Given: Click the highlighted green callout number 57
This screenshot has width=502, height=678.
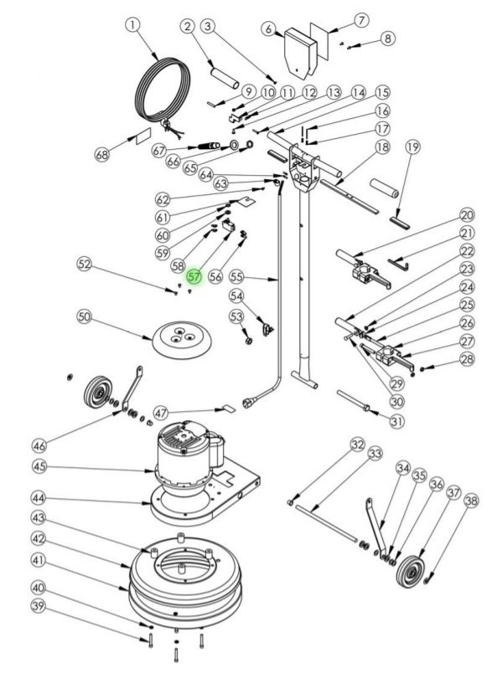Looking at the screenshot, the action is point(194,276).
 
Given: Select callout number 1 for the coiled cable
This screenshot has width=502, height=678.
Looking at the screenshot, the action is point(133,24).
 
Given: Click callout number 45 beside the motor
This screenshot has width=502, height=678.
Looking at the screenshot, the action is point(39,466).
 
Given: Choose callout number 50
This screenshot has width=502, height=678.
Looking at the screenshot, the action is point(85,316).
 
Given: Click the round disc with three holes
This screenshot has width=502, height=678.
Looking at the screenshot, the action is point(182,338).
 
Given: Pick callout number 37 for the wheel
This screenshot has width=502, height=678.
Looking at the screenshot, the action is point(453,493).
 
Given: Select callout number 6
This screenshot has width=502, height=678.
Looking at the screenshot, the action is point(269,29).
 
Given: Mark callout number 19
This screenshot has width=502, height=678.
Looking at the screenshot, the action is point(412,147).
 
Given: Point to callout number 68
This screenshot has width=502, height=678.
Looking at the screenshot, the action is point(102,154).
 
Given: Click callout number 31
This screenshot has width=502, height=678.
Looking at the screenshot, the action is point(397,421).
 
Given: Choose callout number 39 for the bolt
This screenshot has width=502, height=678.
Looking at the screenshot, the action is point(39,606).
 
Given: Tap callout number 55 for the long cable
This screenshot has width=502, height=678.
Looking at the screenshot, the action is point(236,276).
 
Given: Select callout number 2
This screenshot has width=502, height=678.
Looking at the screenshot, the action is point(188,27).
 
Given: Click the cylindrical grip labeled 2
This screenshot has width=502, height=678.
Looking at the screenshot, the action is point(225,77).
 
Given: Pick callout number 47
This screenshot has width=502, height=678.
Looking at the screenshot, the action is point(161,413).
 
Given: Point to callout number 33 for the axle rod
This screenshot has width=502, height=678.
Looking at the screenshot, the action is point(375,453).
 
